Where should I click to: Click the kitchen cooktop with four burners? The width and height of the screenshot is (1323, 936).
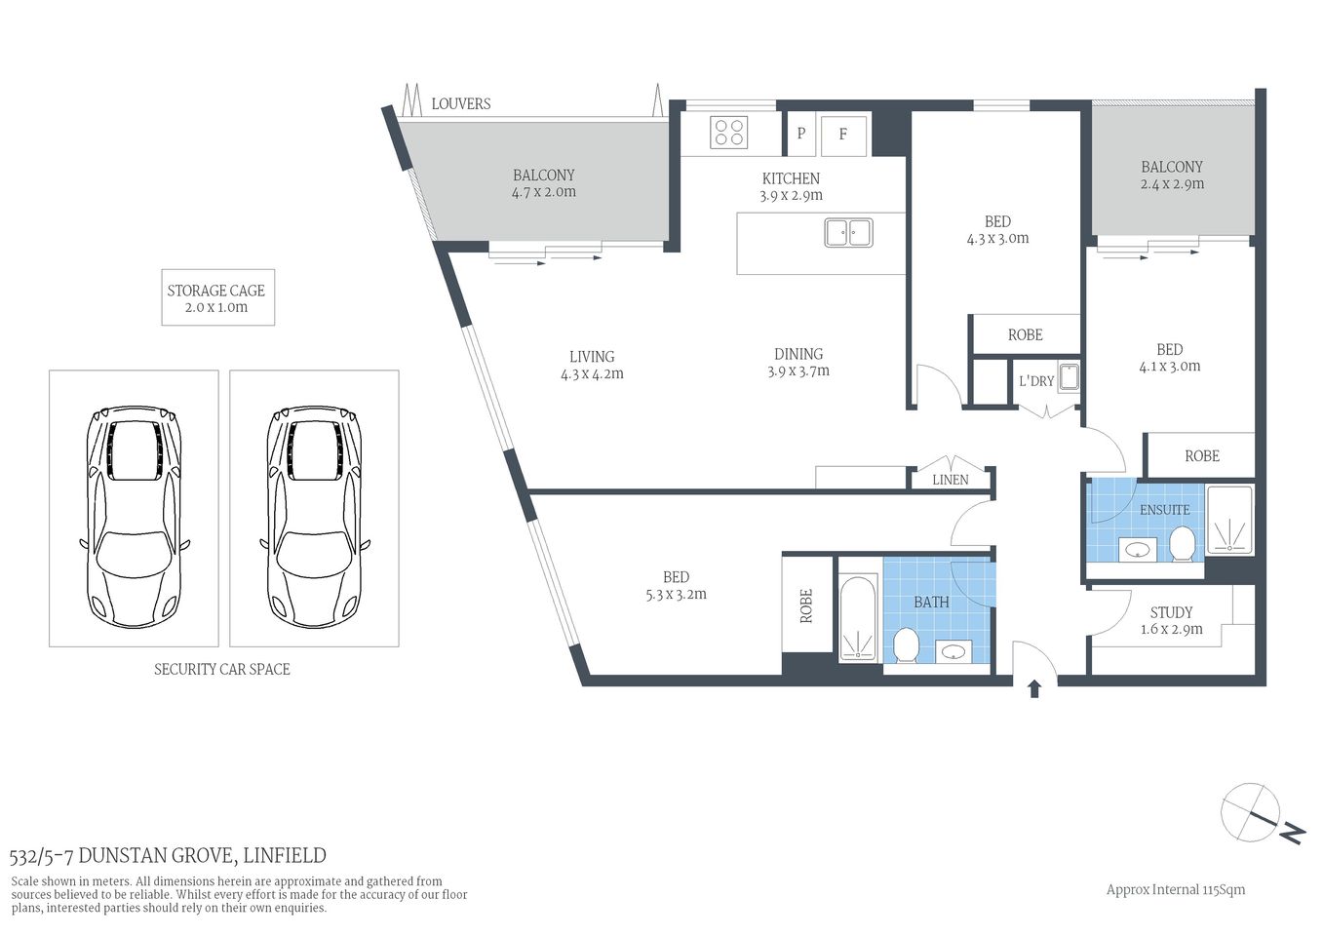(x=728, y=132)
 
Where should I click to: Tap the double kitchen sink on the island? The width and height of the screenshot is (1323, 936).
(x=848, y=232)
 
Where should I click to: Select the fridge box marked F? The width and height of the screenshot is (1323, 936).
(x=843, y=135)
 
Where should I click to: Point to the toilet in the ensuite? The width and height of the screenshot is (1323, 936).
(x=1182, y=544)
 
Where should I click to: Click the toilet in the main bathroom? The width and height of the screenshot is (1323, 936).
(x=907, y=644)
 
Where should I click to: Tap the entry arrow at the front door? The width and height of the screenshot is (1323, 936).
(x=1034, y=688)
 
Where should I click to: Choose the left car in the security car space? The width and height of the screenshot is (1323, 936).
(x=134, y=516)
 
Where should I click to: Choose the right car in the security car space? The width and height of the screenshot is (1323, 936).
(x=314, y=516)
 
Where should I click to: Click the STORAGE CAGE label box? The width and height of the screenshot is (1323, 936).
(x=217, y=297)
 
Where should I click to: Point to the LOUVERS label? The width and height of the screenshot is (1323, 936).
(x=461, y=103)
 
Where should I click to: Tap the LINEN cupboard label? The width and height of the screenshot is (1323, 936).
(x=950, y=480)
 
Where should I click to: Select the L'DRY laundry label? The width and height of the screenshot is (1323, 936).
(x=1036, y=381)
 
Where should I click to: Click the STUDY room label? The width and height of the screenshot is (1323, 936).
(x=1171, y=612)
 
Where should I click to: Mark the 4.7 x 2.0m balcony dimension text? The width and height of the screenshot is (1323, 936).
(x=544, y=192)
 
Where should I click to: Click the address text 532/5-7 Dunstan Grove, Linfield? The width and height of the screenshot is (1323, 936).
(x=168, y=856)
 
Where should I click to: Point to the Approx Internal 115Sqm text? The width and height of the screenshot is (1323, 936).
(x=1175, y=889)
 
